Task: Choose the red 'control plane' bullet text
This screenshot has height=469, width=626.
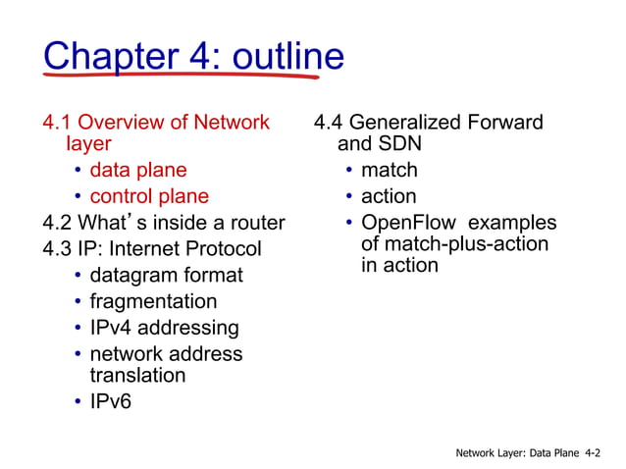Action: click(x=149, y=196)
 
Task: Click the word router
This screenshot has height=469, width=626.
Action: click(x=254, y=222)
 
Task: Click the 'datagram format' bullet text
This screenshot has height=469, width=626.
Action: click(x=166, y=276)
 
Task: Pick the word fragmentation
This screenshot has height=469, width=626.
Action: click(x=153, y=301)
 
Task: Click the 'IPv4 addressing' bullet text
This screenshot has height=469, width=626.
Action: click(x=164, y=327)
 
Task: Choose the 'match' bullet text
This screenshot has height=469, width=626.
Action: click(x=389, y=172)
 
